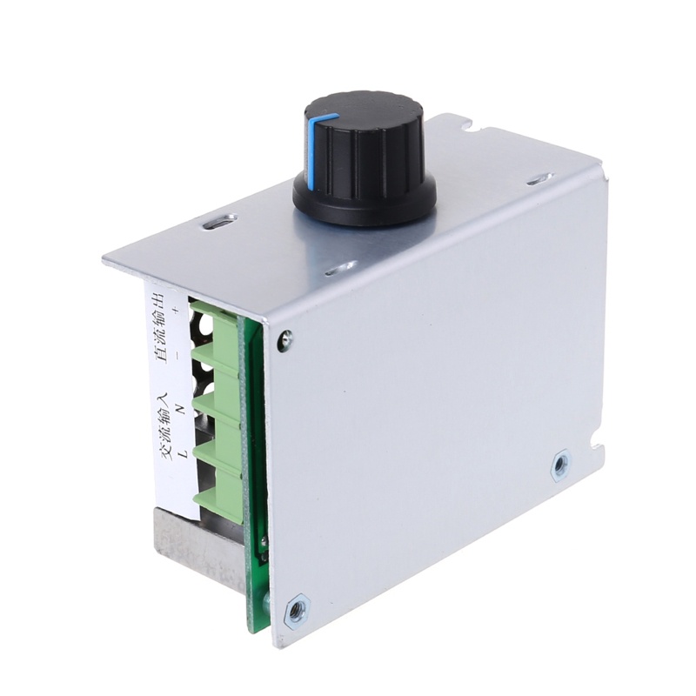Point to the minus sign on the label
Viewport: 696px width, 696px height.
[178, 355]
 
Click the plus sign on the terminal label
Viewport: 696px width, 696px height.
[177, 311]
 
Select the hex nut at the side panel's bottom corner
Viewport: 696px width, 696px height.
[295, 607]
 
